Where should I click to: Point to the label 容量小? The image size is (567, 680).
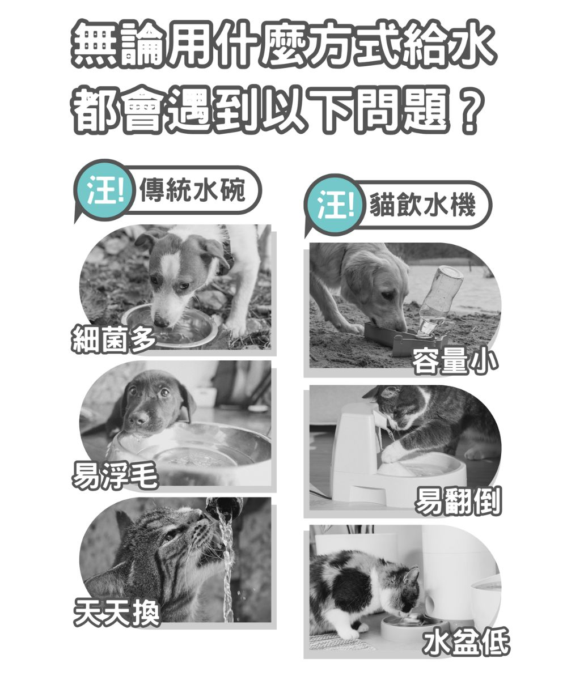coord(455,361)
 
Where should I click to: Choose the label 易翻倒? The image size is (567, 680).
coord(458,500)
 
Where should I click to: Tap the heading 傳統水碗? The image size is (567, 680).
coord(192,189)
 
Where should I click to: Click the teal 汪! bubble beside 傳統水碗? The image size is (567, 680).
coord(104,189)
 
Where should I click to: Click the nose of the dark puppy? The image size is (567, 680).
coord(138,418)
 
